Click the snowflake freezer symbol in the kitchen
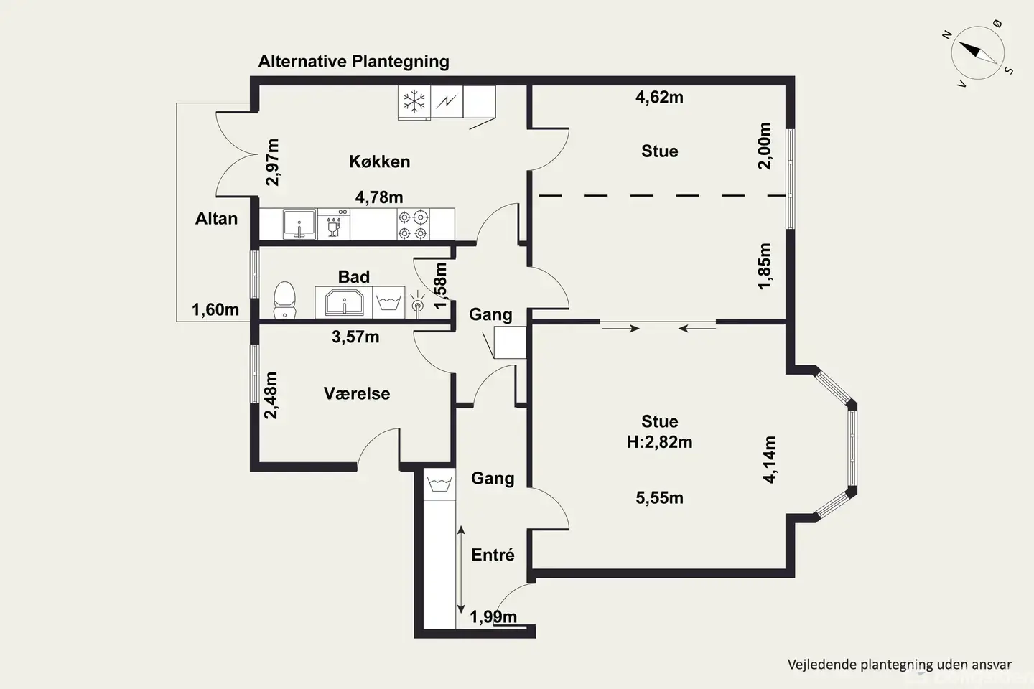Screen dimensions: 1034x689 [414, 101]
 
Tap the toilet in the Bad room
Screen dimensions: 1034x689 [284, 300]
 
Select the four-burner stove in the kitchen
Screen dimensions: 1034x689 [413, 225]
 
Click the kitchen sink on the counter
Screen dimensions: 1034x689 [299, 224]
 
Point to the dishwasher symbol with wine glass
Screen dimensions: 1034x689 [334, 224]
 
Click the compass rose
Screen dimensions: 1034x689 [978, 53]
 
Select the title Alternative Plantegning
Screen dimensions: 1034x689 [353, 62]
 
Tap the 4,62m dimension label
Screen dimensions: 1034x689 [659, 98]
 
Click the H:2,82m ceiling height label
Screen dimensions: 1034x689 [660, 442]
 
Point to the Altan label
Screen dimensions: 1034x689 [217, 218]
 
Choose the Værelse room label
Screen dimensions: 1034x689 [357, 393]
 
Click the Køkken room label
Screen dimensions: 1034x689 [379, 161]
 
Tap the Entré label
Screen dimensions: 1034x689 [493, 554]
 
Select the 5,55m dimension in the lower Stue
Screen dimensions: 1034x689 [660, 498]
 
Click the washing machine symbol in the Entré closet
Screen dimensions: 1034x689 [439, 484]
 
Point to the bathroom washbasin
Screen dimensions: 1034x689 [344, 303]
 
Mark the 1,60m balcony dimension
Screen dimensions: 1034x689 [215, 309]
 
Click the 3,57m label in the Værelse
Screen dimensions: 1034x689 [355, 337]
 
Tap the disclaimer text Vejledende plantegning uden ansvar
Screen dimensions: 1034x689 [900, 665]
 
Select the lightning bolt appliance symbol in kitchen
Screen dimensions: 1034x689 [447, 101]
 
